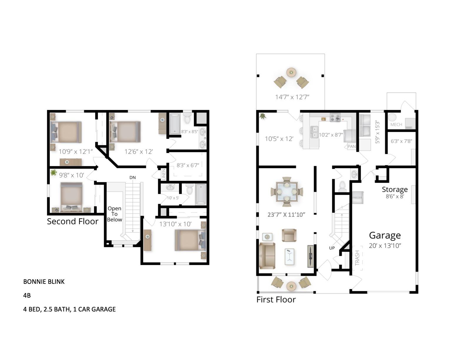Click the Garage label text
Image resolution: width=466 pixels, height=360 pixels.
[x=385, y=235]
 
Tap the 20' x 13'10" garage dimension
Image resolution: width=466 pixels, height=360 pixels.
[x=385, y=246]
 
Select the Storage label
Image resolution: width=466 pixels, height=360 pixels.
[x=395, y=189]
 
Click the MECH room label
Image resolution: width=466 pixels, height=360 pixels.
[x=396, y=125]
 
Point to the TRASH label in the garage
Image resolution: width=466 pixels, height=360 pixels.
[x=357, y=258]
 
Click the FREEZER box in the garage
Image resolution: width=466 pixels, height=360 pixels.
[x=357, y=198]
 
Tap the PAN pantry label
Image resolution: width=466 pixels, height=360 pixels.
[x=352, y=146]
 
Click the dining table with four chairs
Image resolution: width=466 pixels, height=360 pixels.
[x=287, y=191]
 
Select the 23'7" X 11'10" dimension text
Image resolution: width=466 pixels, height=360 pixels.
[x=286, y=215]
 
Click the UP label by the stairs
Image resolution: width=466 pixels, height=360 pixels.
[x=332, y=248]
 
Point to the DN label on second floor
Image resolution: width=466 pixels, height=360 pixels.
[x=133, y=177]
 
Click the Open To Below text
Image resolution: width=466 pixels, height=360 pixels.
[x=114, y=214]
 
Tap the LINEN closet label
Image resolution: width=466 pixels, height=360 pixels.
[x=164, y=174]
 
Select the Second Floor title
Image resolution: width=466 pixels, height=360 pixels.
[x=73, y=221]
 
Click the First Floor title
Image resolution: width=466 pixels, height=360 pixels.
[x=276, y=300]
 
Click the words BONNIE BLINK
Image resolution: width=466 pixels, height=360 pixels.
[x=44, y=281]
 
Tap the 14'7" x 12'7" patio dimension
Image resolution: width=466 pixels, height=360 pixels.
[x=292, y=97]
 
